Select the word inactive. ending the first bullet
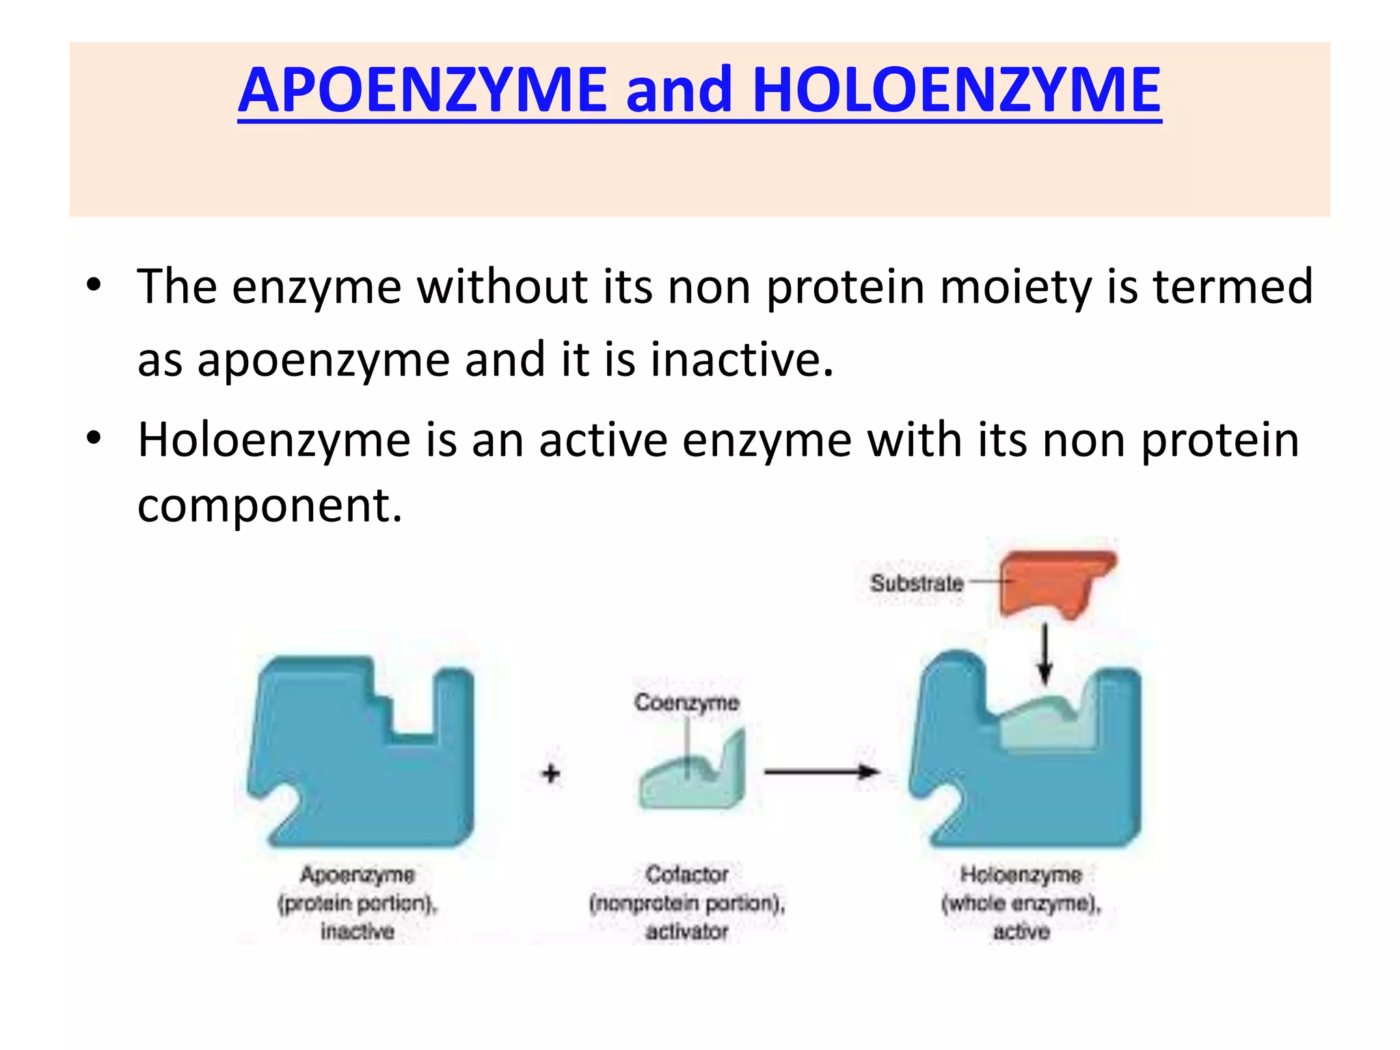[742, 360]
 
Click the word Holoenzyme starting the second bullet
[273, 441]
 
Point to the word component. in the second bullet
[270, 506]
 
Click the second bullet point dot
[94, 438]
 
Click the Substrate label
[917, 583]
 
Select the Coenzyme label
[686, 702]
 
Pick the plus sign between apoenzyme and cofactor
[551, 774]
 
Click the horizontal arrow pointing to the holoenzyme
[820, 772]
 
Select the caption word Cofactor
[687, 874]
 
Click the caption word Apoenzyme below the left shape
[358, 874]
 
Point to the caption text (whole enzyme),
[1021, 904]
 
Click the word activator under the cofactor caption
[687, 932]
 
